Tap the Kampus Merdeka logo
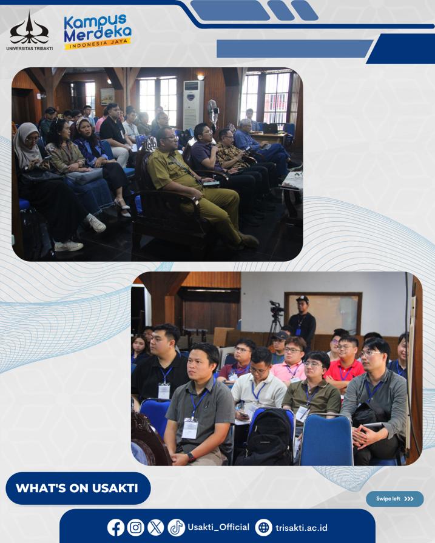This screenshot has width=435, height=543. (98, 32)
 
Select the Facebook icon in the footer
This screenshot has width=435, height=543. (116, 527)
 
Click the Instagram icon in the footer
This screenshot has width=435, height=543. (135, 527)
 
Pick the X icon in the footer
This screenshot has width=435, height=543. (156, 527)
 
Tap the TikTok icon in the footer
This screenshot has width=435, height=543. (176, 527)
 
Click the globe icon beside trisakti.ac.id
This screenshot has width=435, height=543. (264, 527)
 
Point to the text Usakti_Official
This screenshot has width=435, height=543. (218, 527)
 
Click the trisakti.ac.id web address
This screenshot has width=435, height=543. (301, 528)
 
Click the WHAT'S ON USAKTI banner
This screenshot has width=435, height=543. (78, 488)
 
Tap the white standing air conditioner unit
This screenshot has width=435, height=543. (193, 105)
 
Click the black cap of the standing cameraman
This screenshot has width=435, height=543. (303, 299)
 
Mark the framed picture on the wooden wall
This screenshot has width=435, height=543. (107, 96)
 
